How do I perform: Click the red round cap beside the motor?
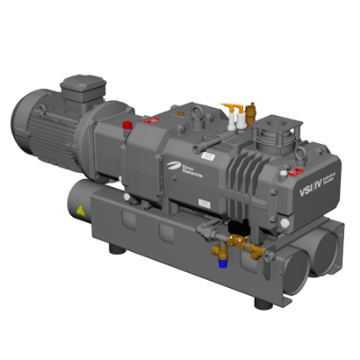point(128,122)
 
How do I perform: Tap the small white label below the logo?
point(198,196)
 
